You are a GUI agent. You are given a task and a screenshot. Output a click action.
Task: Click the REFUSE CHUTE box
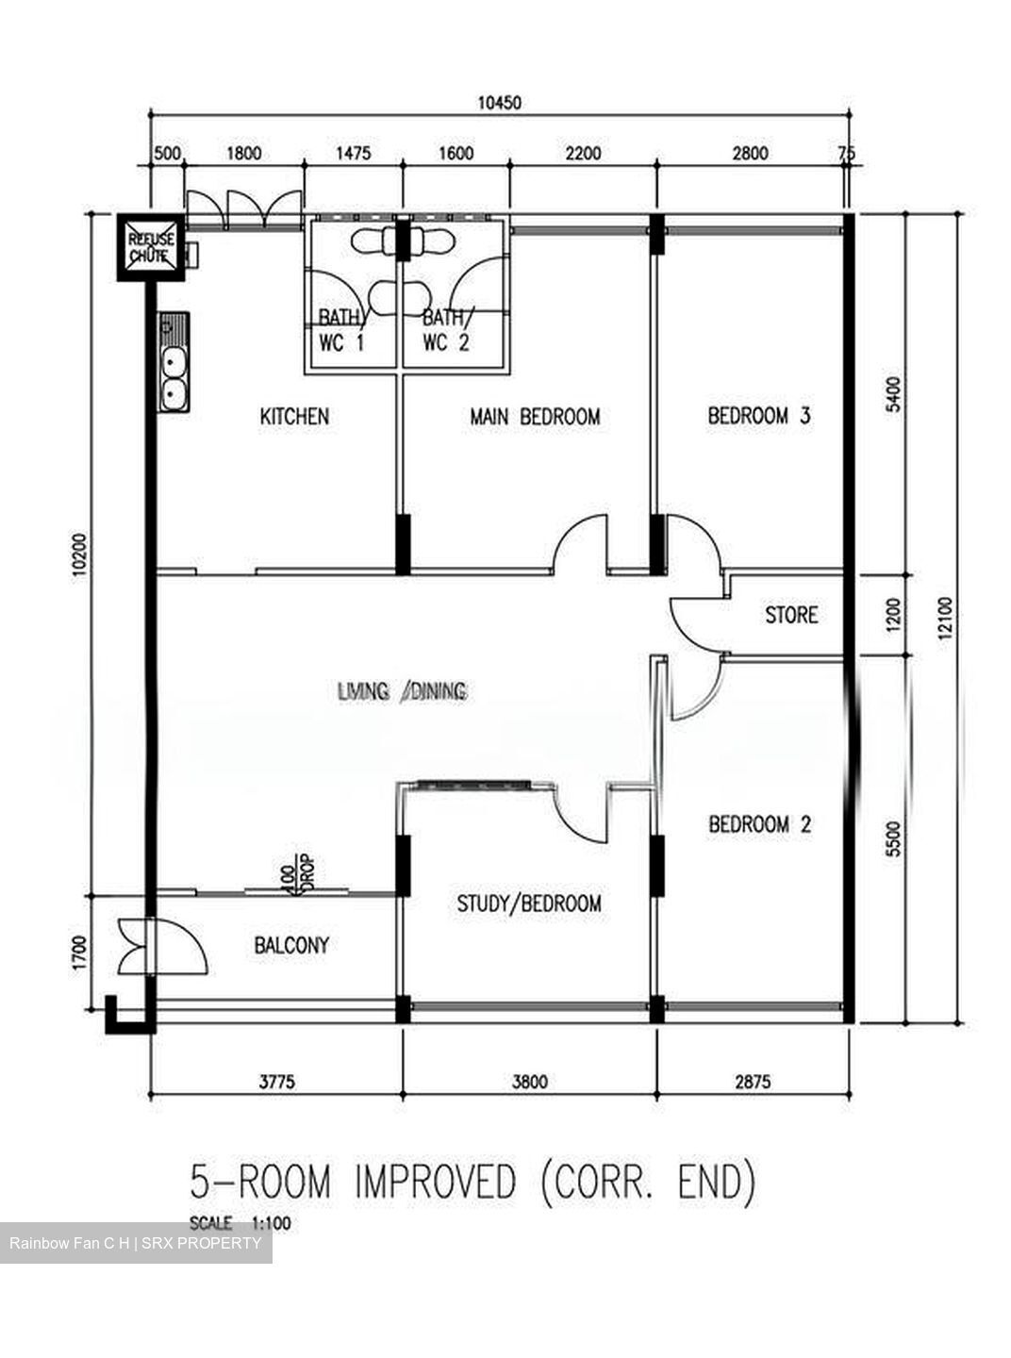(151, 247)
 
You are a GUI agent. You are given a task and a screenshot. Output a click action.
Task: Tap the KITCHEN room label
(294, 416)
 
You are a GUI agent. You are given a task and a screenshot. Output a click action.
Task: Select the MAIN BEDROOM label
(535, 416)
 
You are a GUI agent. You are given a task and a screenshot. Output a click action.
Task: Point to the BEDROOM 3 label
(759, 415)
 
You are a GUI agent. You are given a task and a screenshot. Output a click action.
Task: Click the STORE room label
(790, 615)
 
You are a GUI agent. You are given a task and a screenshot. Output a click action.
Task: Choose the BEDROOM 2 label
(759, 824)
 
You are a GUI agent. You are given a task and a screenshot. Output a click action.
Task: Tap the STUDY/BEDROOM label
(528, 903)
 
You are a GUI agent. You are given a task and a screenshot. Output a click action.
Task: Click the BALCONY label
(291, 945)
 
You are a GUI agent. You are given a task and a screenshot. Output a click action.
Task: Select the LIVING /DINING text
(403, 692)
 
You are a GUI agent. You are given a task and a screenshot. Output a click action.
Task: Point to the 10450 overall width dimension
(499, 103)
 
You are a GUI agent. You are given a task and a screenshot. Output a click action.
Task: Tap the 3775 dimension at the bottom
(276, 1082)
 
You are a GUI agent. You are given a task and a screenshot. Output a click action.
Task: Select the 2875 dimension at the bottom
(750, 1082)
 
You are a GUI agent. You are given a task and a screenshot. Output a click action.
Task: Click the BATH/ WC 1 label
(340, 331)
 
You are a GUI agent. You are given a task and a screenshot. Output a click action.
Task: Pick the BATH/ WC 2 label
(445, 331)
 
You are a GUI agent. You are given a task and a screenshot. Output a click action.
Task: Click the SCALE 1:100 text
(240, 1223)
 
